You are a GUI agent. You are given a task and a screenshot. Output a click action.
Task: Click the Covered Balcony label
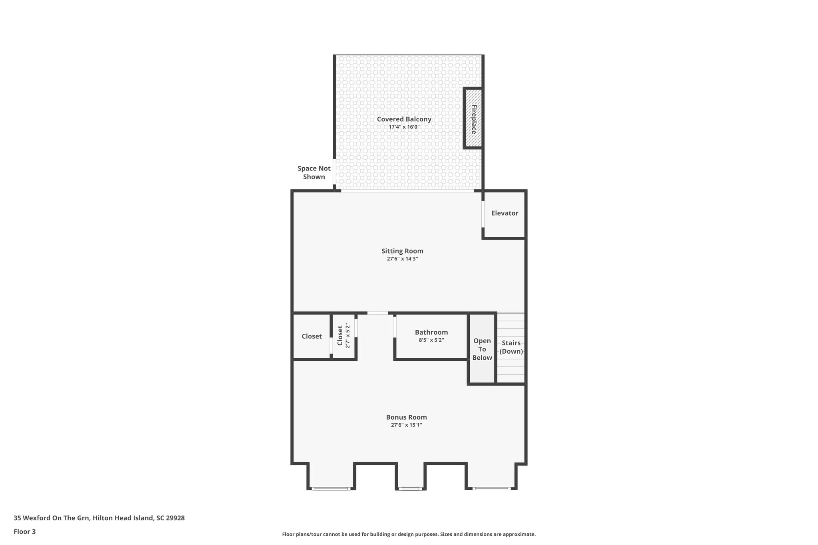[x=404, y=119]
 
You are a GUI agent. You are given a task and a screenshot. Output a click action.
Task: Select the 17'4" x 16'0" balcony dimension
[x=404, y=127]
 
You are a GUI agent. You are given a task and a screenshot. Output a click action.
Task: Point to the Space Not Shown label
[x=314, y=172]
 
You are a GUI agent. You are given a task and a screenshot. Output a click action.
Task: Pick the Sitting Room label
[x=402, y=251]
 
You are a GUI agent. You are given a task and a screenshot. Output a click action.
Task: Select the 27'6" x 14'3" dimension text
[x=402, y=259]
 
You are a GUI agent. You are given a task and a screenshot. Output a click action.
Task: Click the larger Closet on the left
[x=312, y=336]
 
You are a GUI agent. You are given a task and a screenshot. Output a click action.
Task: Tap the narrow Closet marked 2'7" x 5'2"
[x=343, y=336]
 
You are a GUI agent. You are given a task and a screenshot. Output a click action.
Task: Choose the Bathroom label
[x=431, y=332]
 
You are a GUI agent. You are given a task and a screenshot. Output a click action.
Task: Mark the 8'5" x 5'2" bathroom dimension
[x=431, y=340]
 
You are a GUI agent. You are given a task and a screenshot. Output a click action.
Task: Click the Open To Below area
[x=482, y=349]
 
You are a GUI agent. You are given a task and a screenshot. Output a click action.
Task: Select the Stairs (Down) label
[x=511, y=347]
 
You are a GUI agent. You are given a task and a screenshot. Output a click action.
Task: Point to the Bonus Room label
[x=406, y=417]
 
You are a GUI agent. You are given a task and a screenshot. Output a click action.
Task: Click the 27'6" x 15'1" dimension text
[x=406, y=425]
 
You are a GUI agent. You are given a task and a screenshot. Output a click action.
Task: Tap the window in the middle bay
[x=410, y=488]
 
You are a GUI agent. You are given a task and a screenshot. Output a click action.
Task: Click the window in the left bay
[x=331, y=488]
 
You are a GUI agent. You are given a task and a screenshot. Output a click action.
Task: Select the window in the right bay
[x=491, y=488]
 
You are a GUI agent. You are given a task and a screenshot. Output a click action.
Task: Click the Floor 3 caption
[x=24, y=531]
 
